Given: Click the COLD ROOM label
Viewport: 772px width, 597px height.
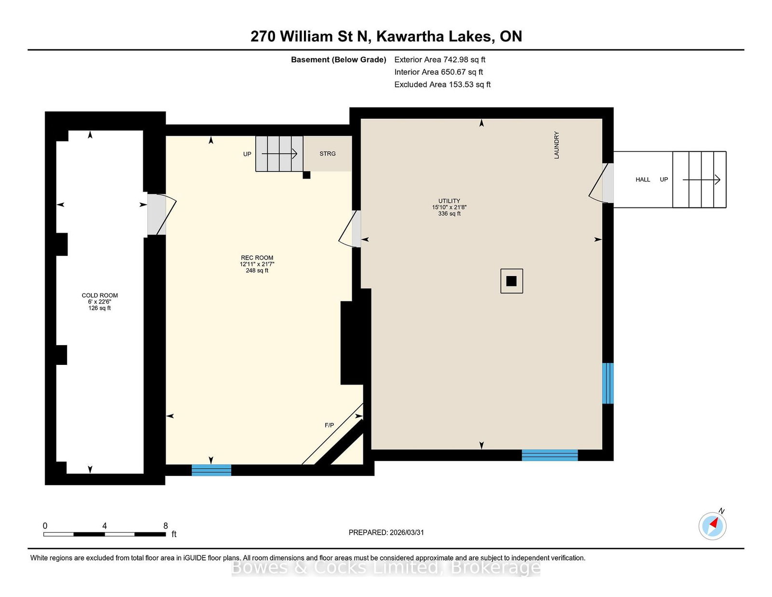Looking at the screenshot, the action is click(99, 295).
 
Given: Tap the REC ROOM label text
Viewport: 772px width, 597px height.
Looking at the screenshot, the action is click(257, 258).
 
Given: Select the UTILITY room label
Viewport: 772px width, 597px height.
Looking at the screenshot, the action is click(449, 201).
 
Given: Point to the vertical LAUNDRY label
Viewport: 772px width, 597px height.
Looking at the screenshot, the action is click(556, 145).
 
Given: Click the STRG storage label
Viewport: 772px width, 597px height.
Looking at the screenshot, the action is click(327, 153).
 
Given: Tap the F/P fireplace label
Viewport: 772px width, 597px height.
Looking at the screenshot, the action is click(329, 425).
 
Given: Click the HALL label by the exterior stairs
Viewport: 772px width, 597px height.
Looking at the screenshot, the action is click(643, 180).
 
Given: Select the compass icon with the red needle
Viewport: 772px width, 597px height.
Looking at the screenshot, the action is click(712, 526).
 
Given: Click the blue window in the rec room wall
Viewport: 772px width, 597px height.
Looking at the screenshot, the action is click(211, 470).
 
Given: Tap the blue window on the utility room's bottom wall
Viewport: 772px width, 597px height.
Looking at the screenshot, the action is click(550, 455).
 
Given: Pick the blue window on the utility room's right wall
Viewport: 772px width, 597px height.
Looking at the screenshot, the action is click(607, 383).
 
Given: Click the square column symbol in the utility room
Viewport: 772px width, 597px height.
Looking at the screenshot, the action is click(511, 281).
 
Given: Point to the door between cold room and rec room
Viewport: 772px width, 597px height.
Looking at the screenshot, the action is click(162, 214).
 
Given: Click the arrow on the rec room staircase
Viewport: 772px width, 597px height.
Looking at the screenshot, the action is click(279, 153).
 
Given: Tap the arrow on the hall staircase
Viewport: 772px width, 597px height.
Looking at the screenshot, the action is click(702, 180).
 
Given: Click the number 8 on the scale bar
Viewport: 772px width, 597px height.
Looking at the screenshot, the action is click(165, 526).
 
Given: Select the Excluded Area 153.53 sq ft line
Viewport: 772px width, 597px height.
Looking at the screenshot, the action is click(442, 84).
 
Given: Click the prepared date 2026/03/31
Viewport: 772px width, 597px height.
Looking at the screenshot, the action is click(407, 532).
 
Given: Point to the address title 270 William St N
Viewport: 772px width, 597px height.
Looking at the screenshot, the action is click(311, 36).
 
